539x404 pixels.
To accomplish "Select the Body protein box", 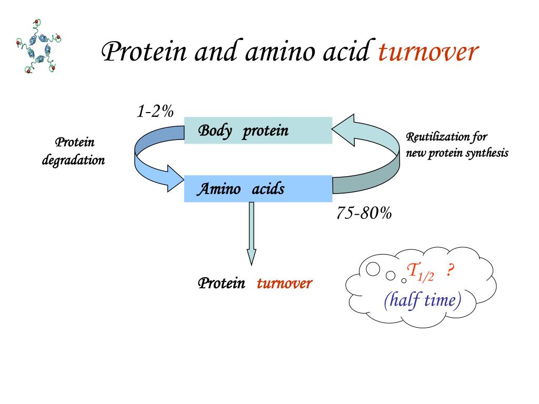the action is click(x=258, y=130).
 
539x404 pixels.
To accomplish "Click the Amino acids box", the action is click(x=258, y=189).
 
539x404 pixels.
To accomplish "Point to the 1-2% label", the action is click(x=155, y=112).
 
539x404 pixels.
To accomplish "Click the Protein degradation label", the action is click(x=74, y=151).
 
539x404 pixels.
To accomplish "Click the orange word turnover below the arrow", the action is click(x=285, y=284).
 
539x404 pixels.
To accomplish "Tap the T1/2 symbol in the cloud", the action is click(x=420, y=272).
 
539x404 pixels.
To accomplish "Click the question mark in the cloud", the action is click(x=450, y=271).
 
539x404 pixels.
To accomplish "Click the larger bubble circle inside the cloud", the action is click(x=373, y=269).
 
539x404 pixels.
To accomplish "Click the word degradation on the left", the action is click(x=74, y=160).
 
